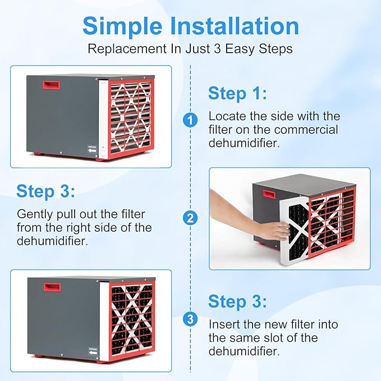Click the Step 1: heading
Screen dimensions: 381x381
[x=237, y=93]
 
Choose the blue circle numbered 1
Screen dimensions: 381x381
[x=191, y=119]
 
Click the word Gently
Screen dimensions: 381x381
[x=35, y=214]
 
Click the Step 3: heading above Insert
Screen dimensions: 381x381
[x=237, y=302]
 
